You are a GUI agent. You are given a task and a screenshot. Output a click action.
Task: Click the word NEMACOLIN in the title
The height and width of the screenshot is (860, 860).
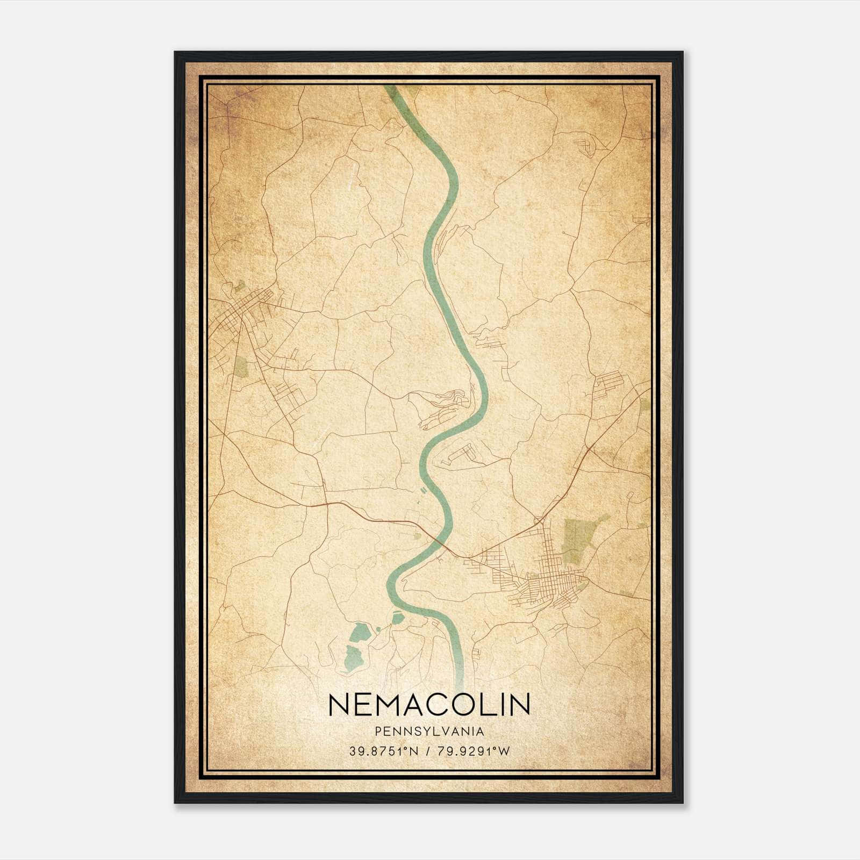point(429,705)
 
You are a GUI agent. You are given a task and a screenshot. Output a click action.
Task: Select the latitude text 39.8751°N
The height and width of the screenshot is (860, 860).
point(383,751)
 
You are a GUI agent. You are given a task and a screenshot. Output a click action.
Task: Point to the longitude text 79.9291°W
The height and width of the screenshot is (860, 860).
point(473,751)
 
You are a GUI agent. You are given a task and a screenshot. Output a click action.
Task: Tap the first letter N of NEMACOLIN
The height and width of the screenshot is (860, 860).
point(339,705)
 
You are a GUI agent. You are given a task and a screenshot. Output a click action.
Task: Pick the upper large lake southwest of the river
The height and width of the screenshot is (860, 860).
point(359,632)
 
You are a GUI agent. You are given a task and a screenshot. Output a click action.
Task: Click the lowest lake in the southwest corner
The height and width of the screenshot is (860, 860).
point(352,658)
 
